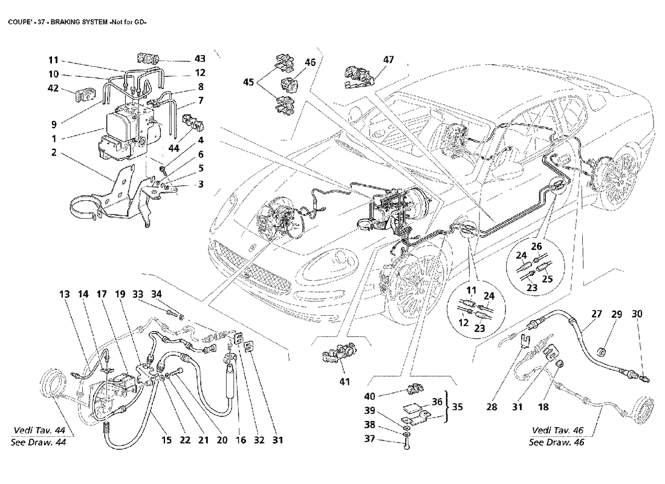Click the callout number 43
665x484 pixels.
(x=200, y=59)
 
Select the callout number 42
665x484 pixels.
(x=53, y=88)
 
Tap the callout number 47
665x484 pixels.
(x=388, y=59)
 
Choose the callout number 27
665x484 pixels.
(x=597, y=315)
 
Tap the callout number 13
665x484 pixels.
(x=65, y=295)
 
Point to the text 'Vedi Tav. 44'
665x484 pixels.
(x=38, y=430)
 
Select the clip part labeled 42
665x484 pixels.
(x=82, y=96)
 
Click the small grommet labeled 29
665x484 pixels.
(x=602, y=351)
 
